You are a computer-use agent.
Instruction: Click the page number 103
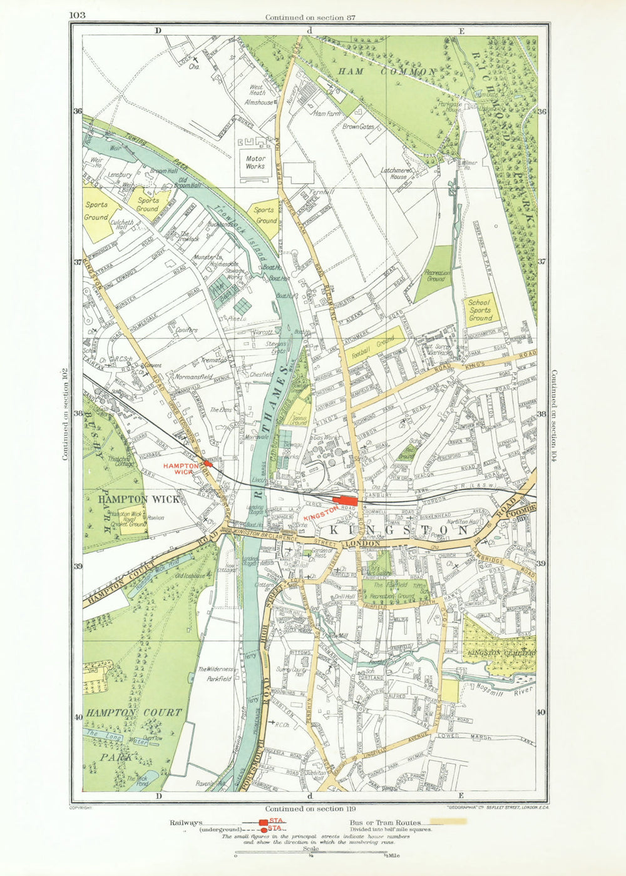click(x=78, y=14)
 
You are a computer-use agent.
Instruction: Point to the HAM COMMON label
click(x=386, y=72)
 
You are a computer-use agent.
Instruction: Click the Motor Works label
click(x=255, y=163)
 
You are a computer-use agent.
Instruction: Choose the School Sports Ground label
click(x=480, y=310)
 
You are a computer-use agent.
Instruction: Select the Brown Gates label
click(x=357, y=126)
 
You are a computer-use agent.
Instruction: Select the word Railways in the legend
click(x=185, y=823)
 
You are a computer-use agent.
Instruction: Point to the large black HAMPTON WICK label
click(x=139, y=499)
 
